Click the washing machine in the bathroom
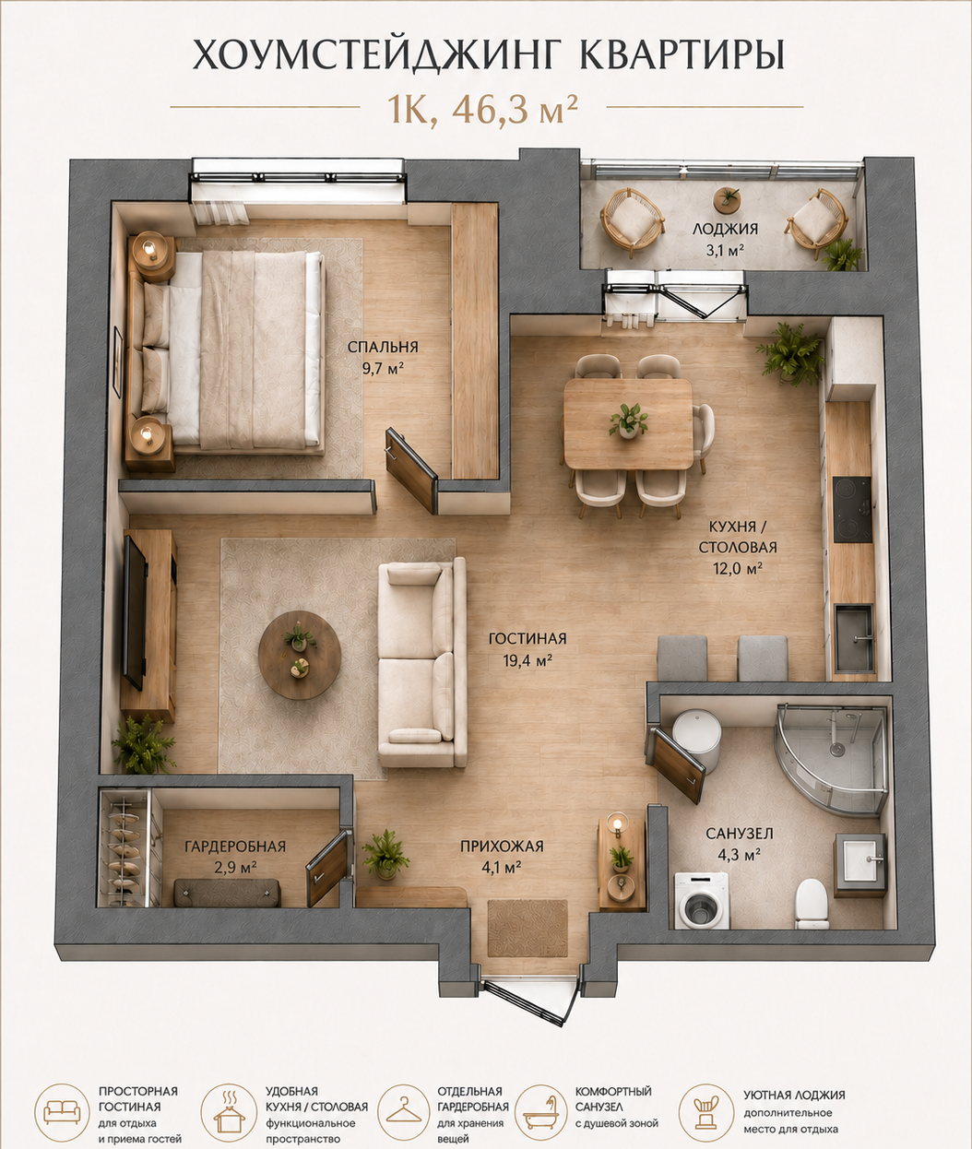pos(701,1067)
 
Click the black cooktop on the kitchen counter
pos(852,510)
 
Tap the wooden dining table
pos(628,423)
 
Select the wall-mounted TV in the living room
pos(135,613)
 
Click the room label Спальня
pos(383,347)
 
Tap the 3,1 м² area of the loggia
pos(725,251)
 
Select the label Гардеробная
pos(235,847)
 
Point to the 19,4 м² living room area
pos(527,660)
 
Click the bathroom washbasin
pos(859,863)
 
